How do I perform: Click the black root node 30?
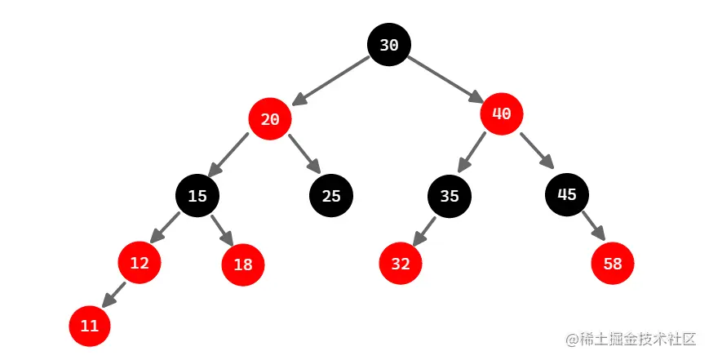388,46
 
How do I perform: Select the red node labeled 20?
270,119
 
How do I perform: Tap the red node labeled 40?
502,114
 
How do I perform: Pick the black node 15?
197,196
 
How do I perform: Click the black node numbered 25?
330,196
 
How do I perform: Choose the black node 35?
450,196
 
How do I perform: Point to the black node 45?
567,194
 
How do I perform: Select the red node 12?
140,263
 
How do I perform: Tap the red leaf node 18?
243,265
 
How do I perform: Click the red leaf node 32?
400,264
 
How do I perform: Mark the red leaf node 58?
613,264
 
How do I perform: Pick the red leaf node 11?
90,326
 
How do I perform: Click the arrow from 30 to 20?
330,81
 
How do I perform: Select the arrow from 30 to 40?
445,79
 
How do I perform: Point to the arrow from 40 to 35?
472,153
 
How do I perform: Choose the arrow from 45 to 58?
592,226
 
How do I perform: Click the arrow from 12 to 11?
113,295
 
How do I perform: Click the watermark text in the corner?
627,339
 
